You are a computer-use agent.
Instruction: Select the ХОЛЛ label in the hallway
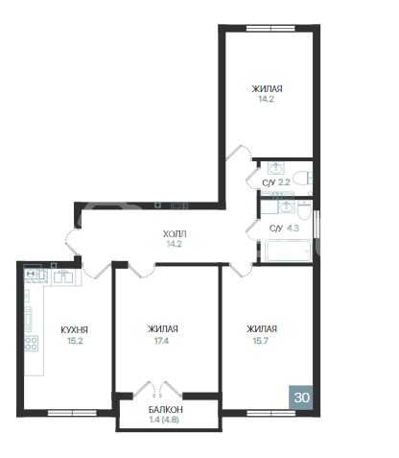point(174,232)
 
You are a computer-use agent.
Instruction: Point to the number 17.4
point(162,340)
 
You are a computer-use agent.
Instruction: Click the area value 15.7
point(260,340)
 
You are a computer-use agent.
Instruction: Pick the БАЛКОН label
point(166,410)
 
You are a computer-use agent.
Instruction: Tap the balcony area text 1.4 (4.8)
point(166,421)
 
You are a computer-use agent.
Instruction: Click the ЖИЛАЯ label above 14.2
point(269,88)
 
